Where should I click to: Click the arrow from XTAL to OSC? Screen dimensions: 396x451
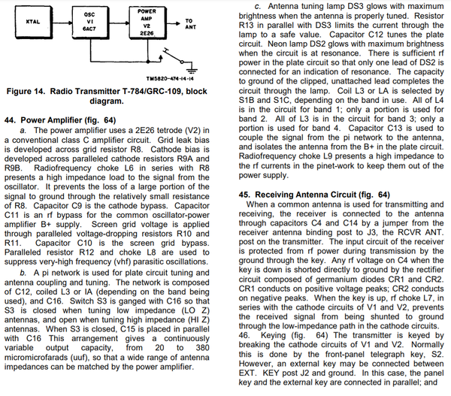63,23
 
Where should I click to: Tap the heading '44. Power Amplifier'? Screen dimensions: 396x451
50,119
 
